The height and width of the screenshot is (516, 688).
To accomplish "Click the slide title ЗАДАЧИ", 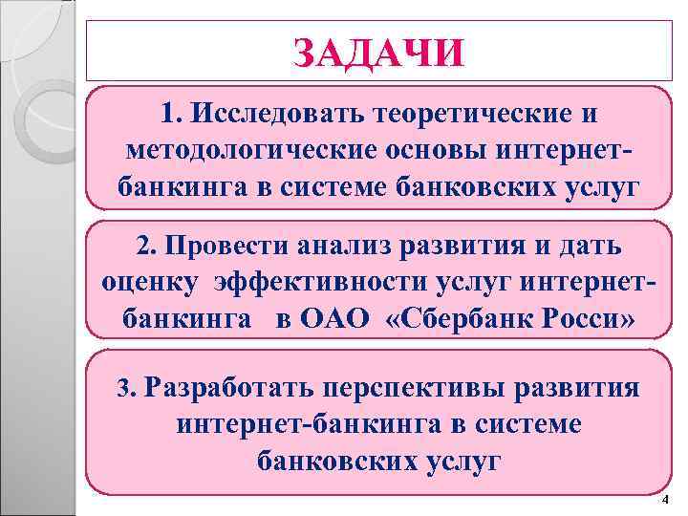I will [379, 54].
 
